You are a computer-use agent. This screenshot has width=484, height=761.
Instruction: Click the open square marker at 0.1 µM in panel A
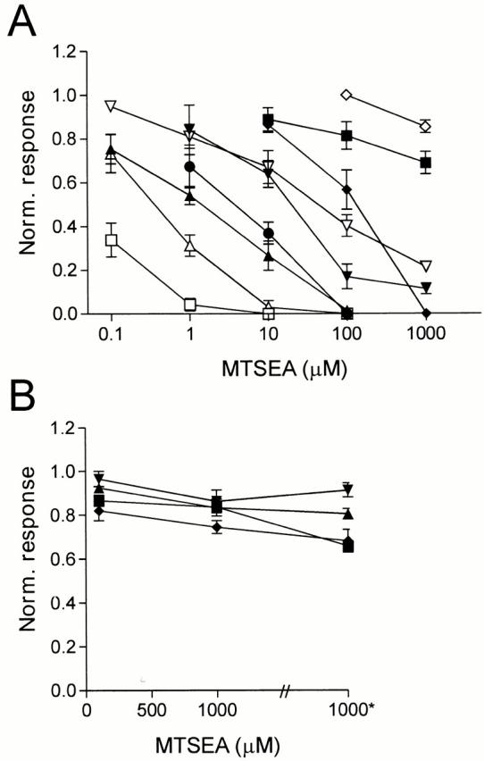(111, 240)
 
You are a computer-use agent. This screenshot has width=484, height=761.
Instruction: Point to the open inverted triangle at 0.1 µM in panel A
(111, 106)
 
